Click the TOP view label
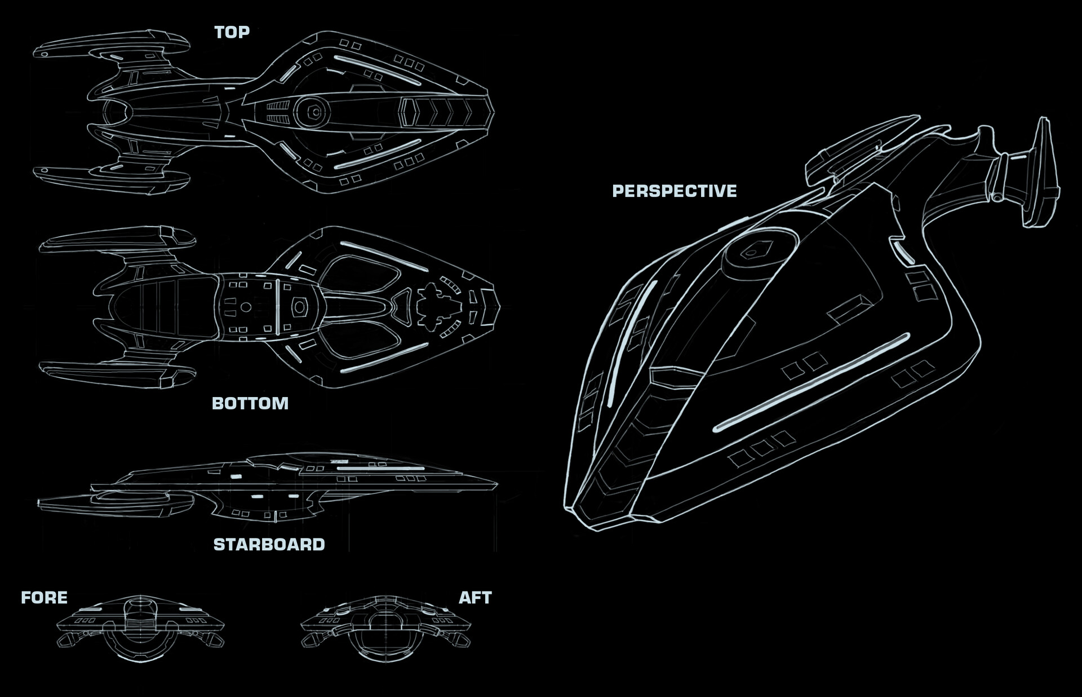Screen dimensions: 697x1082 [x=232, y=32]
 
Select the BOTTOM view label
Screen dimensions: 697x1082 [x=250, y=403]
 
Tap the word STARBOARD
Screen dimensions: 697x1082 [x=269, y=544]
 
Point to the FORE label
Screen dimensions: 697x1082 [x=44, y=597]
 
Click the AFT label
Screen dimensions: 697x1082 [x=475, y=597]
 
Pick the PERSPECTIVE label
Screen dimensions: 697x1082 [x=674, y=191]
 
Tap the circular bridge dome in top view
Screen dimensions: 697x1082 [x=312, y=112]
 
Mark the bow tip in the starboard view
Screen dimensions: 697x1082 [x=496, y=484]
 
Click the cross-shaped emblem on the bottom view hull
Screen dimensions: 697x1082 [x=433, y=307]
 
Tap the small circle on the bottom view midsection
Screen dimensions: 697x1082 [x=246, y=307]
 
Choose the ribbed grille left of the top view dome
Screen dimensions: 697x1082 [x=277, y=112]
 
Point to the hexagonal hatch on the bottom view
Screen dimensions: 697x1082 [x=299, y=307]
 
